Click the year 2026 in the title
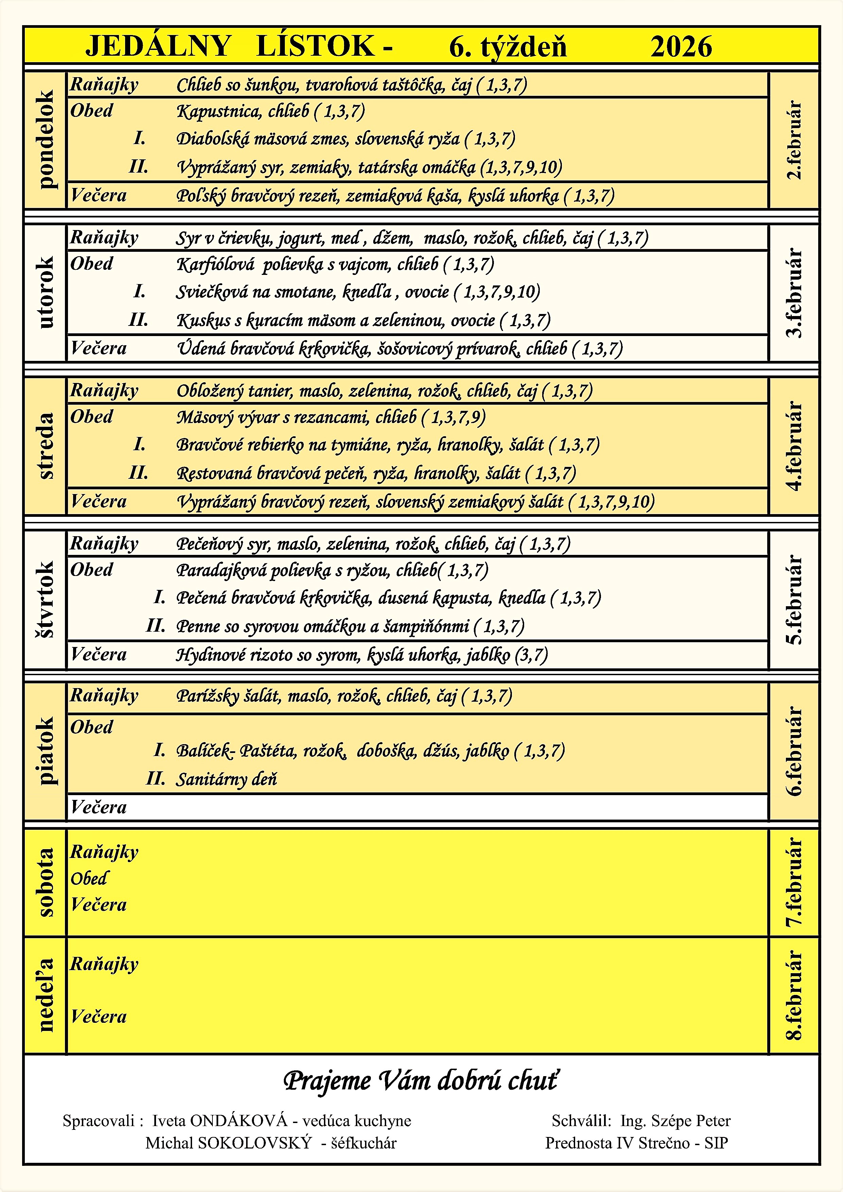[x=681, y=47]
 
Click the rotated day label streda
[x=46, y=445]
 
